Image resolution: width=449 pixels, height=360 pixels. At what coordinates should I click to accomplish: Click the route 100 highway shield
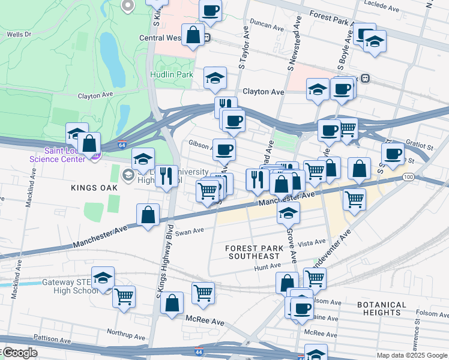408,177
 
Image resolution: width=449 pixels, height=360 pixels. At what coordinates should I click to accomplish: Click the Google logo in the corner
19,353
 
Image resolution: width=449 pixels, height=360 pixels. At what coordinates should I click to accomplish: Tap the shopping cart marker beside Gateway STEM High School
124,296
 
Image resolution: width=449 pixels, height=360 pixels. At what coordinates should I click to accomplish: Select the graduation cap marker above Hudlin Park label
215,77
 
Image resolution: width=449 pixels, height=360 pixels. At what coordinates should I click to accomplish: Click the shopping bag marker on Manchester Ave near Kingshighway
148,214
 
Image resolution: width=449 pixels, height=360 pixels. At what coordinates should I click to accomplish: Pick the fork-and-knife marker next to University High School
167,176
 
